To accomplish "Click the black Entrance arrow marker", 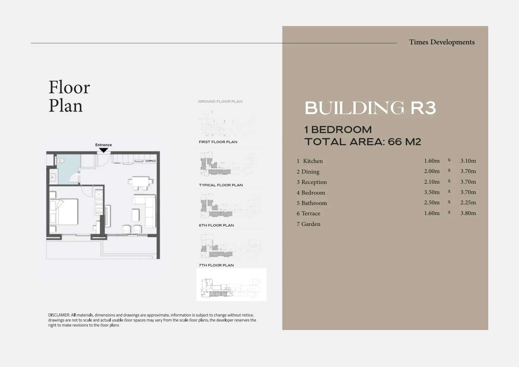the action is pos(103,150).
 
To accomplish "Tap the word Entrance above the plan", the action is pos(104,145).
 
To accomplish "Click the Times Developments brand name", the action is pos(442,42).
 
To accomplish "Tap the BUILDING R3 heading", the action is pos(370,108).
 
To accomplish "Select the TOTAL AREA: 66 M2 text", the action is pos(363,142).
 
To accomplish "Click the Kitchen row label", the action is pos(313,161).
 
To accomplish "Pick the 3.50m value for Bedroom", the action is pos(432,192).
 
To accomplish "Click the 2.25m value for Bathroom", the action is pos(468,203).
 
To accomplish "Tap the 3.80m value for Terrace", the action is pos(468,213).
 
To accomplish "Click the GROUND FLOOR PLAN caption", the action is pos(220,101).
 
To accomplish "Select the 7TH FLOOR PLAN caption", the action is pos(216,265).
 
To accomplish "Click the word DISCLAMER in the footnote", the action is pos(59,315).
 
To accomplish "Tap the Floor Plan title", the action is pos(69,96).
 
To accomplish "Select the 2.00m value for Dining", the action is pos(432,171).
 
